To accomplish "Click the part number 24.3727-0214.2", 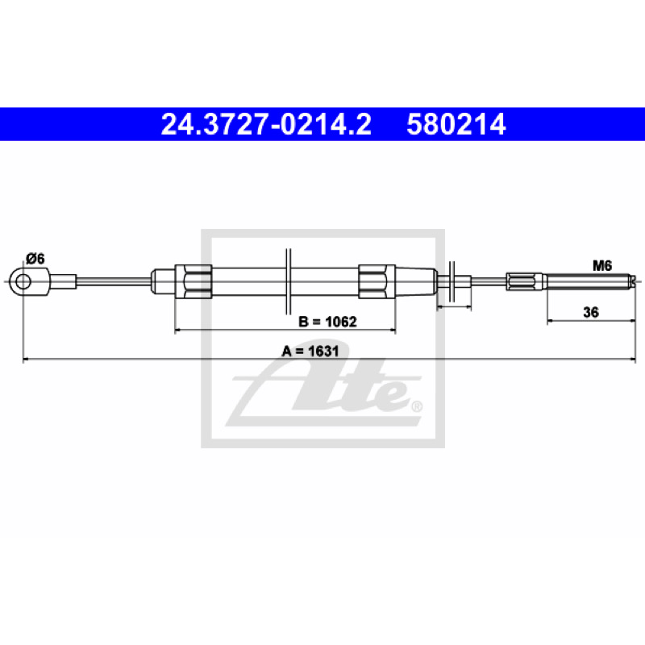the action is click(266, 124).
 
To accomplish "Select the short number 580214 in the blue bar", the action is click(456, 124).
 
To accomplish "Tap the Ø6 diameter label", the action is click(35, 259).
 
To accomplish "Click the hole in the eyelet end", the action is click(23, 281).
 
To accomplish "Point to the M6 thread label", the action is click(602, 266).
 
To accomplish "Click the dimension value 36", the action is click(591, 312).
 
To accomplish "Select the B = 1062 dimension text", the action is click(327, 321).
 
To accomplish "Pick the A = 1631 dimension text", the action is click(310, 351).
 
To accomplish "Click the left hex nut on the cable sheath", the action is click(193, 281).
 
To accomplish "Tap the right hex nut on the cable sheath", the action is click(377, 281).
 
